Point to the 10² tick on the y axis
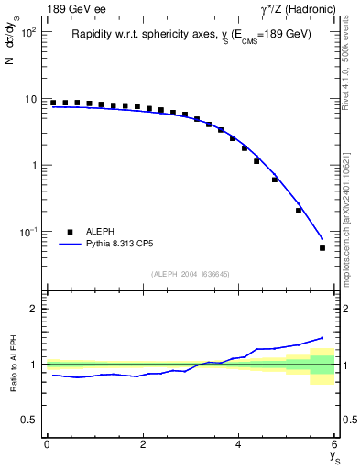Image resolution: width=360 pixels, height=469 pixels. pyautogui.click(x=27, y=32)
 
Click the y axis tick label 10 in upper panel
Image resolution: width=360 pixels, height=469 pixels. pyautogui.click(x=30, y=99)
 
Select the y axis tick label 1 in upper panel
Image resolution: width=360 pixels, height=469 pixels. pyautogui.click(x=34, y=166)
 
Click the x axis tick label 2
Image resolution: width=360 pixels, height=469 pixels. pyautogui.click(x=143, y=444)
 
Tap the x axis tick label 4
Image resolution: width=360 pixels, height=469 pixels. pyautogui.click(x=239, y=444)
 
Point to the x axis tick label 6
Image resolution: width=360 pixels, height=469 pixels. pyautogui.click(x=335, y=444)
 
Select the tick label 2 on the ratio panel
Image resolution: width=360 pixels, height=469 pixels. pyautogui.click(x=33, y=309)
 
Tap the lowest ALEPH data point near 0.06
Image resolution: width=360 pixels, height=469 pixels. pyautogui.click(x=322, y=248)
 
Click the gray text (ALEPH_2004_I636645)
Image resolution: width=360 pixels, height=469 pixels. pyautogui.click(x=191, y=274)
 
